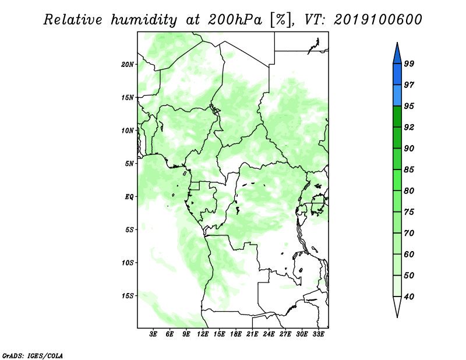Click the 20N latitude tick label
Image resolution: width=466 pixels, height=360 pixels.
click(128, 65)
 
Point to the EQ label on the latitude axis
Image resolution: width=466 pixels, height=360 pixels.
click(129, 197)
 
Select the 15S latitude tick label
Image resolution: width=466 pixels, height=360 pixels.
click(128, 296)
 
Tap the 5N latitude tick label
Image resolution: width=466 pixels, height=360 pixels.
click(129, 164)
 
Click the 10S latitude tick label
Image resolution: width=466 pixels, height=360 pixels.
click(128, 263)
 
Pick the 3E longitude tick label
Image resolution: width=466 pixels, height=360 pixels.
click(153, 334)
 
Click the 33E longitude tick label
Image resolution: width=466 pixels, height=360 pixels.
click(318, 334)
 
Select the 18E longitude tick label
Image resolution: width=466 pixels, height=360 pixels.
click(236, 334)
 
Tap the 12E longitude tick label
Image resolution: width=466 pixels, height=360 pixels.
click(203, 334)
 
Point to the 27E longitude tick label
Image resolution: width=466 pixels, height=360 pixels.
click(285, 334)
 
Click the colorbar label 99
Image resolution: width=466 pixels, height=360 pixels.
click(409, 63)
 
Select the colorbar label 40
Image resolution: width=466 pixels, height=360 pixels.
click(409, 297)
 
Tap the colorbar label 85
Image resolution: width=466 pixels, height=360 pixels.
click(409, 170)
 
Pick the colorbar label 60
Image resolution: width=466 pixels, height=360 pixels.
click(409, 254)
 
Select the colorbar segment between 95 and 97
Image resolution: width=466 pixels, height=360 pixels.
click(397, 96)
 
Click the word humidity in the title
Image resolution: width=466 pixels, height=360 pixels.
click(144, 20)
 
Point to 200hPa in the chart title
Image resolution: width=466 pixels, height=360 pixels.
click(235, 20)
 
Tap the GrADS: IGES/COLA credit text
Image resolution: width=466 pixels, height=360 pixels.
click(33, 355)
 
